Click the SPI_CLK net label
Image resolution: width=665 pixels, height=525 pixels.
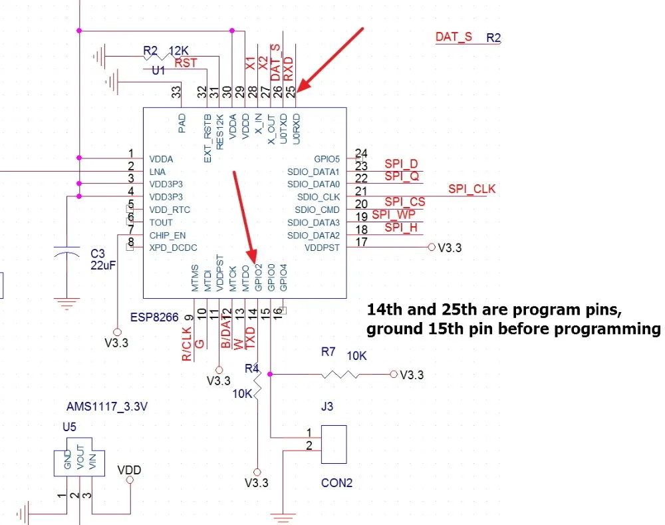coord(471,189)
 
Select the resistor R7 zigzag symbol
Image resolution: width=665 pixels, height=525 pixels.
coord(340,375)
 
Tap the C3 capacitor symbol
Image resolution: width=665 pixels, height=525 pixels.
coord(67,254)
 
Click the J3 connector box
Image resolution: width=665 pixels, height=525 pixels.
coord(334,444)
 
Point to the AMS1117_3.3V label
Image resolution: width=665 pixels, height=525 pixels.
coord(107,407)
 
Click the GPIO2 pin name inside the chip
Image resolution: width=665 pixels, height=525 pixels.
coord(258,277)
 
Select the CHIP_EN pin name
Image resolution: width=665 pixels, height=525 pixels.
coord(168,236)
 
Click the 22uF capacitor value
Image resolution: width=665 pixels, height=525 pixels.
coord(103,265)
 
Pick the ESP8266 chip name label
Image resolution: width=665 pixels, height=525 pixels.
coord(154,317)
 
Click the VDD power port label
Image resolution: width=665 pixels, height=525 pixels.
coord(129,470)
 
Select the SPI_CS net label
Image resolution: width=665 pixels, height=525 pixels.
coord(404,202)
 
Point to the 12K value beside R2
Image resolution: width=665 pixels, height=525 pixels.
coord(178,51)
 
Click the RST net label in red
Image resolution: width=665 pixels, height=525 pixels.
coord(186,63)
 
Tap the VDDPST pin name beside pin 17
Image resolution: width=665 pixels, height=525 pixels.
coord(322,248)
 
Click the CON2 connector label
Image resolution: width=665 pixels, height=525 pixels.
coord(336,483)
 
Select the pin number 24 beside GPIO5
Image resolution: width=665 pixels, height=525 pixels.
coord(361,153)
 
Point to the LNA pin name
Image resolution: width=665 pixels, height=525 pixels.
coord(158,172)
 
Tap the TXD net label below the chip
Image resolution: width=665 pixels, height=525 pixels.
coord(251,337)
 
